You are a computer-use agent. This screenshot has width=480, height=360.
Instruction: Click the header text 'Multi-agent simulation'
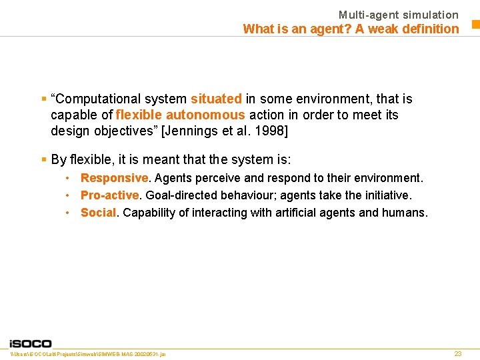coord(398,15)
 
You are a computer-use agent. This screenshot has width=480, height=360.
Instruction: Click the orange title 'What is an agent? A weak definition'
coord(351,29)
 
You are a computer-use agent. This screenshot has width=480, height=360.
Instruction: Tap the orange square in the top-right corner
coord(476,25)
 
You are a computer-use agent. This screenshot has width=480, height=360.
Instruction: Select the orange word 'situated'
coord(216,99)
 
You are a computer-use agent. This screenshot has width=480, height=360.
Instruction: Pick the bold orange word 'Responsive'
coord(114,178)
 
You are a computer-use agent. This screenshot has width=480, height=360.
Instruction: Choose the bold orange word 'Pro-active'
coord(110,195)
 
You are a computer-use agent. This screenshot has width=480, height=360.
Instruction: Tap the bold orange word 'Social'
coord(99,213)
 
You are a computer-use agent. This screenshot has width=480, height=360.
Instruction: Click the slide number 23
coord(457,353)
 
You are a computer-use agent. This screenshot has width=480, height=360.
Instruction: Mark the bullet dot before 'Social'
coord(68,213)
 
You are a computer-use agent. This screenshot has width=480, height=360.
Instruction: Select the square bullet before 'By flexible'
coord(43,160)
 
